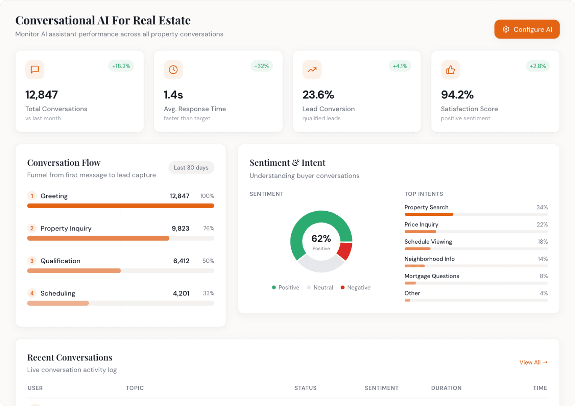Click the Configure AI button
point(527,29)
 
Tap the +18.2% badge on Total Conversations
point(121,66)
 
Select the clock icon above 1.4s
point(173,70)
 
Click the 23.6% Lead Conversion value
point(318,95)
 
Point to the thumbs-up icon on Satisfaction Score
point(450,70)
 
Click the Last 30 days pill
point(191,168)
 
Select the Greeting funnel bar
point(121,206)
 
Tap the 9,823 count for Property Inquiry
point(180,229)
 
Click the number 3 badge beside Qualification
point(32,261)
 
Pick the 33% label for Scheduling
point(208,293)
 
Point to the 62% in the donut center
point(321,239)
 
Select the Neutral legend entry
point(320,288)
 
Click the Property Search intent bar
point(429,214)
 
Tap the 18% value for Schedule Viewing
point(542,242)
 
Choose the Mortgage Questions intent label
point(431,276)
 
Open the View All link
point(533,362)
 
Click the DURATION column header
point(446,388)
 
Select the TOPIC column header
point(135,388)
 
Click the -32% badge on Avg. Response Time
point(262,66)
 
